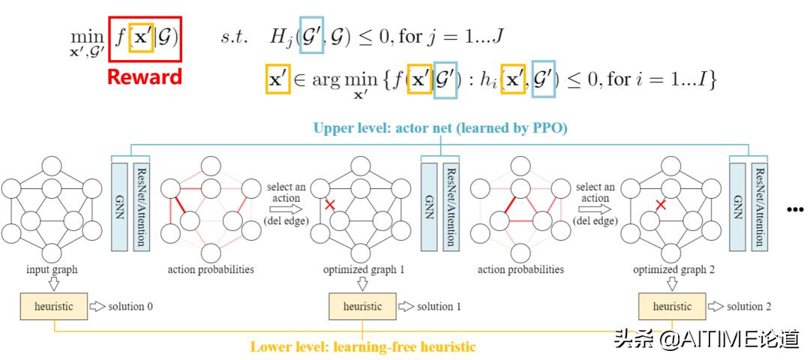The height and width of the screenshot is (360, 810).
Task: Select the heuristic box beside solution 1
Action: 362,307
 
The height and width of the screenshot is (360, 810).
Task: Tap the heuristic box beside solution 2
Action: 671,307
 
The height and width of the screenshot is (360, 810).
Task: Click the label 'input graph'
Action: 52,268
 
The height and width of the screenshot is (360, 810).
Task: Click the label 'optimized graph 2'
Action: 673,268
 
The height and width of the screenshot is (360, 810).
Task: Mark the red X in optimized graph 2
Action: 661,204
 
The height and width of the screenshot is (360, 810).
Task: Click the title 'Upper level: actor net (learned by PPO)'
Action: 440,128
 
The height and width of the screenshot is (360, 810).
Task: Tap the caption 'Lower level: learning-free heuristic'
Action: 362,346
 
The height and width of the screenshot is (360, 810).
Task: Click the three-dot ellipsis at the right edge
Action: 794,211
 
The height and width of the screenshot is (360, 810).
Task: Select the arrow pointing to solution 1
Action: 406,307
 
